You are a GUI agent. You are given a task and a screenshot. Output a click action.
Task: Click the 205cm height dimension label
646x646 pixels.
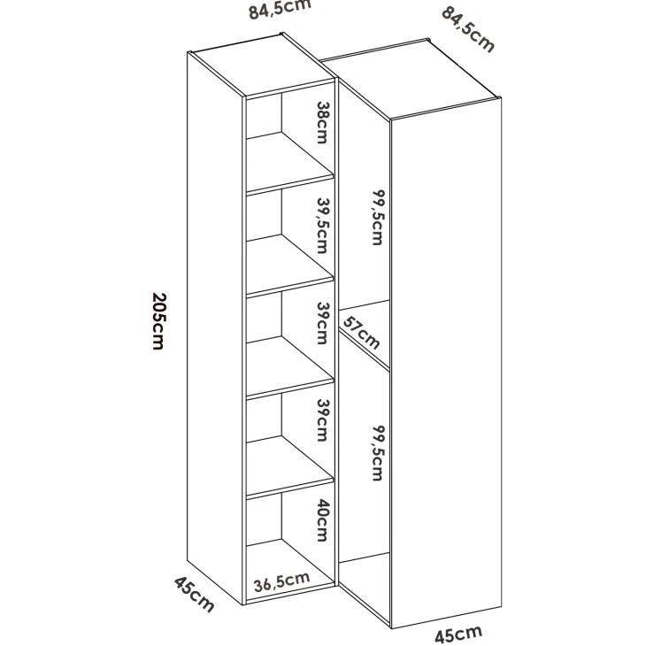[x=158, y=321]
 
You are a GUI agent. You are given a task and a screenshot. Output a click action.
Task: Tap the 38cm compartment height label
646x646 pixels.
[x=322, y=122]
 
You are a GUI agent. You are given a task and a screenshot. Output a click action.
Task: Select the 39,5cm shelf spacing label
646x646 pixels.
[x=322, y=226]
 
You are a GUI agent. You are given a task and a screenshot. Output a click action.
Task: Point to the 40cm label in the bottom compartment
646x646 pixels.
[x=322, y=520]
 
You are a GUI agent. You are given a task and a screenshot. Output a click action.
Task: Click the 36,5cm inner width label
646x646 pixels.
[x=281, y=581]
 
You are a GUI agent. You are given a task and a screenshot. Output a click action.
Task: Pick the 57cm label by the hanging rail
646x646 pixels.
[x=361, y=332]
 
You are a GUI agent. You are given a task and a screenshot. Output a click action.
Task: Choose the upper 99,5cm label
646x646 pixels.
[x=378, y=218]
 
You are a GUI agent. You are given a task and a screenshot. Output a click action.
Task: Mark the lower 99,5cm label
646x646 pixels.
[x=378, y=453]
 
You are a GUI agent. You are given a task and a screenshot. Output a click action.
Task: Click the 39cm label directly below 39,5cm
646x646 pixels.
[x=322, y=323]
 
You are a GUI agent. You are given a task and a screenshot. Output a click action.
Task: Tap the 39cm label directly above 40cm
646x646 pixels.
[x=322, y=420]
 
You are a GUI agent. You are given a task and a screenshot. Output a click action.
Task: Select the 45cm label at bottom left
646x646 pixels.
[x=195, y=594]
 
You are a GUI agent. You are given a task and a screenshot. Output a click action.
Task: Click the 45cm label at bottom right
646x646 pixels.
[x=458, y=634]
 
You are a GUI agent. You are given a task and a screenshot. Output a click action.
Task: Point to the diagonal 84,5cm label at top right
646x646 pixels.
[x=467, y=30]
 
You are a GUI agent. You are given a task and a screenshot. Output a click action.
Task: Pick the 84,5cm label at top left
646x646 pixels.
[x=280, y=10]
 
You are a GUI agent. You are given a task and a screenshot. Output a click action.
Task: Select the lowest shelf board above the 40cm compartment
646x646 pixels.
[x=289, y=466]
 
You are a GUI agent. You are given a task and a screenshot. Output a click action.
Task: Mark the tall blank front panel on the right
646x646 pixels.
[x=446, y=363]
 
